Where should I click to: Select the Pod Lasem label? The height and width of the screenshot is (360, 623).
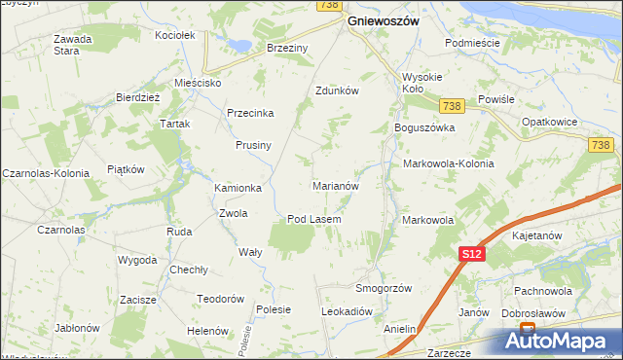[313, 219]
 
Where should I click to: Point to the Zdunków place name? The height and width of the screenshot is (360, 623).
[338, 90]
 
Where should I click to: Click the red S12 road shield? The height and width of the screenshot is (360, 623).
[471, 254]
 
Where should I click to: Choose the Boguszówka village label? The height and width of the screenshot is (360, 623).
[424, 127]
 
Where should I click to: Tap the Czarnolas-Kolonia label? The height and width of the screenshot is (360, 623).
[46, 172]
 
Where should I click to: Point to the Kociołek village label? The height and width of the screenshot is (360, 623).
[176, 35]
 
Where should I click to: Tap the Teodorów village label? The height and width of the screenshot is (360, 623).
[219, 299]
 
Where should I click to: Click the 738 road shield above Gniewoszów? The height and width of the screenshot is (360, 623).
[328, 6]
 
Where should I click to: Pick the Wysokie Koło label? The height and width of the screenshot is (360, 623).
[423, 84]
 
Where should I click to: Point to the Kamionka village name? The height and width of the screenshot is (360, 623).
[238, 188]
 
